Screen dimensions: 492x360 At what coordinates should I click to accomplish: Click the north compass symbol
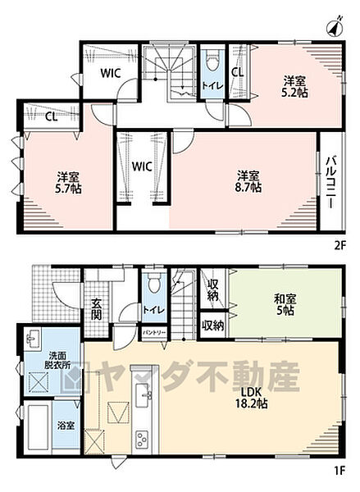coord(336,27)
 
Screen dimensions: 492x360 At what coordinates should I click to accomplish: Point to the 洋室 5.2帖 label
coord(295,86)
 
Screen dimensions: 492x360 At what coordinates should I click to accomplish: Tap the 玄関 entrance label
coord(97,308)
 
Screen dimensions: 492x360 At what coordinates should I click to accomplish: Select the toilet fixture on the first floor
coord(153,288)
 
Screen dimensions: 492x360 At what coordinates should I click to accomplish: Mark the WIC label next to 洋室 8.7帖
coord(143,166)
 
